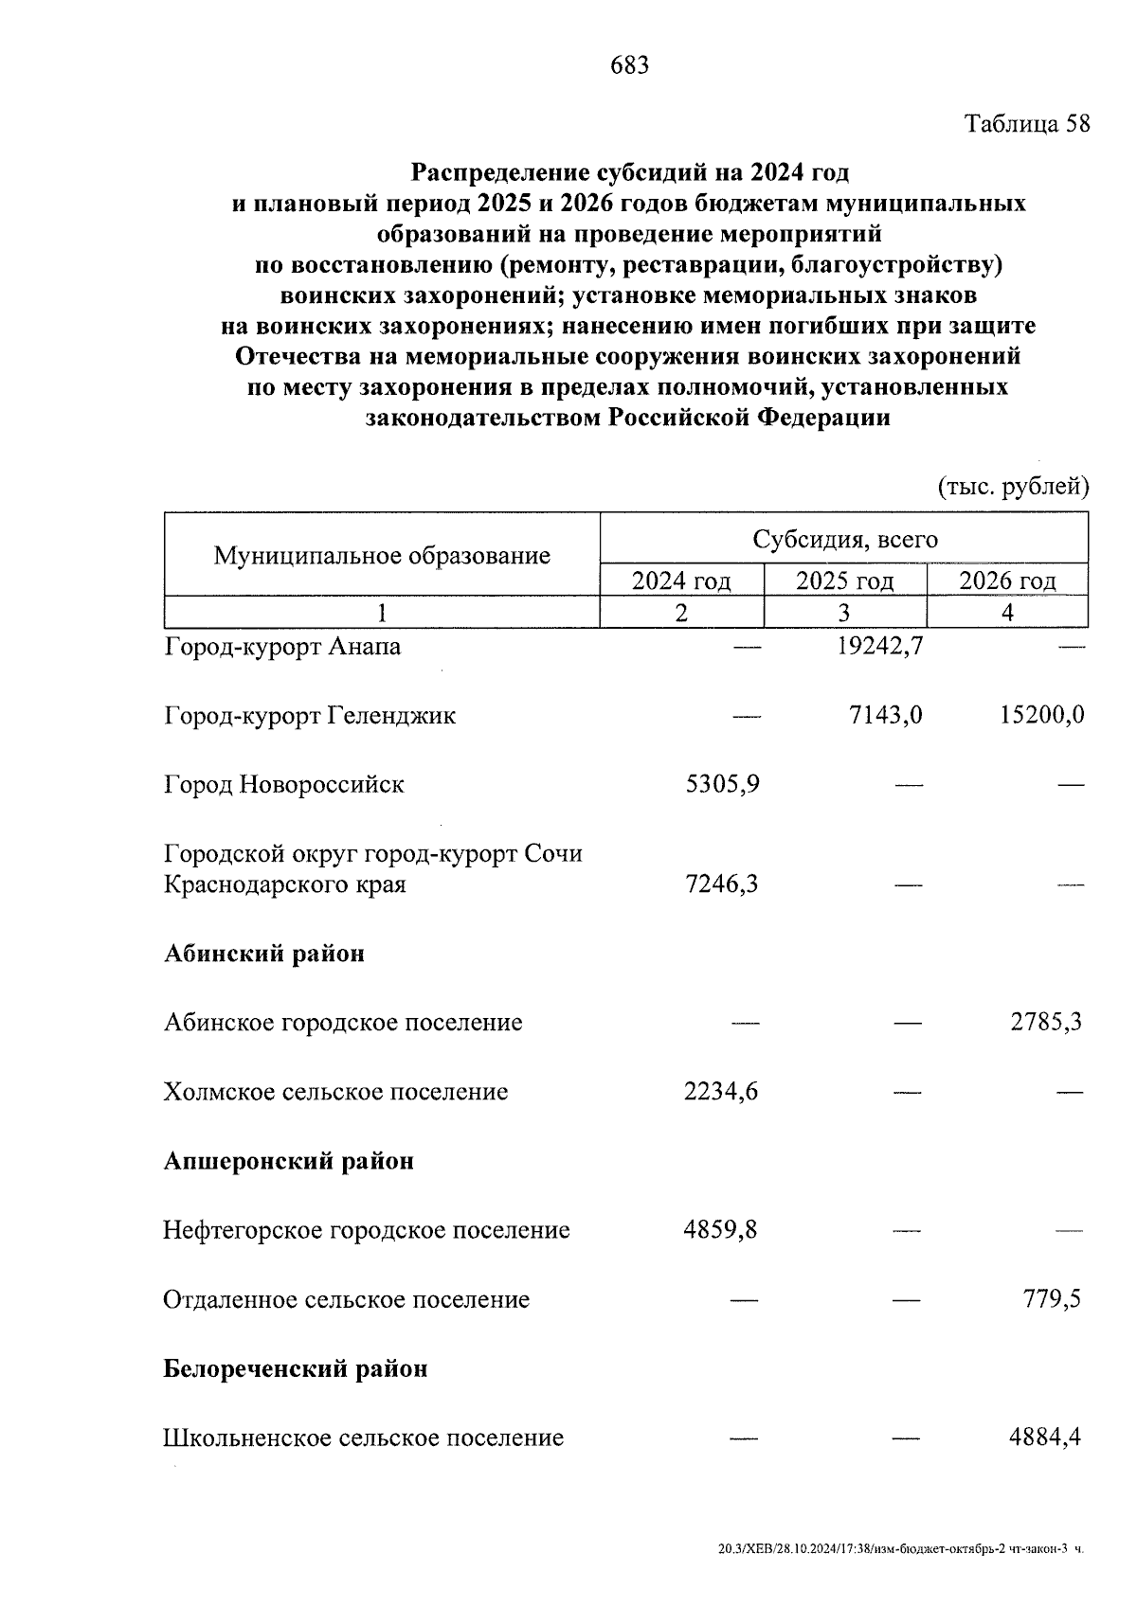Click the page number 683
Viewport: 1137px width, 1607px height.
630,65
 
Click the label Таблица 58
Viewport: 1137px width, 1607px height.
1027,124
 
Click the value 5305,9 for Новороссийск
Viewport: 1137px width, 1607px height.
721,784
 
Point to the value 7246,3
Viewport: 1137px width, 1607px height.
721,884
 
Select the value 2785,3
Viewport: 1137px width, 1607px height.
1046,1023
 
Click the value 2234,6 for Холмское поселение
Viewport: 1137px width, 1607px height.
721,1092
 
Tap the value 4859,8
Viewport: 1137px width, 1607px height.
720,1230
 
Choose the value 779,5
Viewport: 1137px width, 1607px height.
1052,1299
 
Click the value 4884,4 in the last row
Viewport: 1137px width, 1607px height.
1045,1437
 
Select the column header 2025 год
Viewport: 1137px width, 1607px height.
844,580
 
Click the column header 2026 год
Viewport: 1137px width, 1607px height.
1007,580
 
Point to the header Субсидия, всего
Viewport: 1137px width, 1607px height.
844,540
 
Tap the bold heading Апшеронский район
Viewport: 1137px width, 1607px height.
289,1161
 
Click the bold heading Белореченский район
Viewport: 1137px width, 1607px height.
296,1368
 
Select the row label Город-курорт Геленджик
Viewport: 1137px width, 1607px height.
310,715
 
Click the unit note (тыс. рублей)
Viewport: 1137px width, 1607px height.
1013,487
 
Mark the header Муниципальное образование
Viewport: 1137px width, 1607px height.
382,555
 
